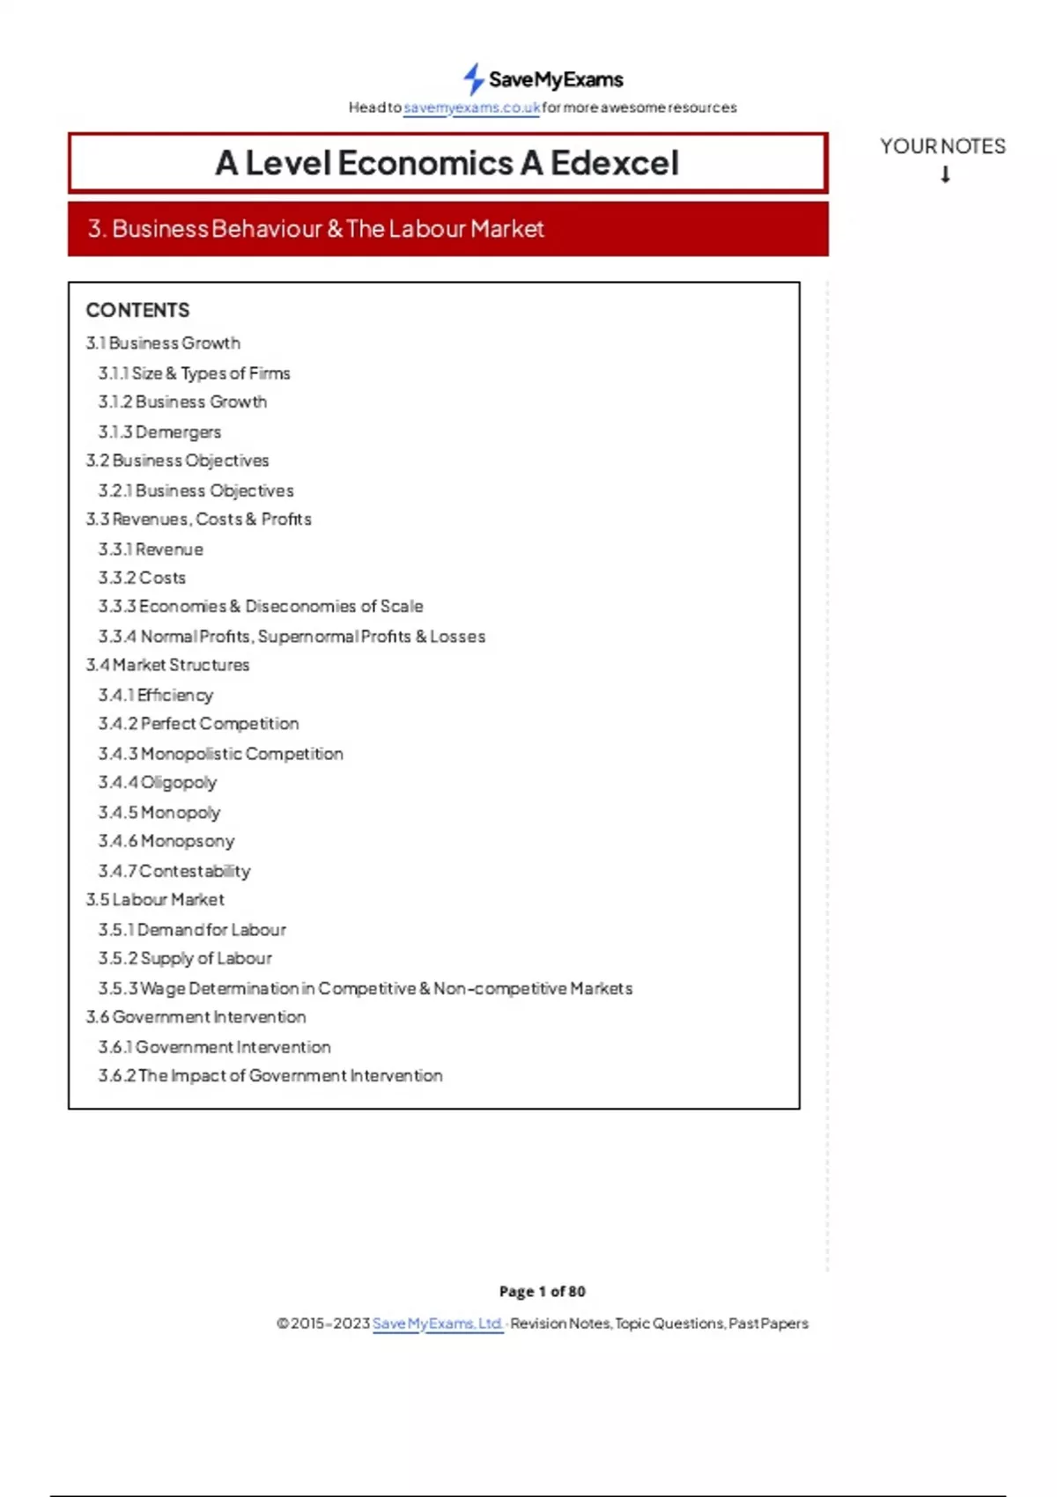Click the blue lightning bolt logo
pyautogui.click(x=474, y=78)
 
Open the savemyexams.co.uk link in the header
pyautogui.click(x=471, y=107)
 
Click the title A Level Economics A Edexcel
pyautogui.click(x=447, y=163)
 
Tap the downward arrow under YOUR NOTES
pyautogui.click(x=945, y=174)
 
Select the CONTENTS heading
pyautogui.click(x=137, y=310)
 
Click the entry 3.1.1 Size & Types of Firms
pyautogui.click(x=194, y=373)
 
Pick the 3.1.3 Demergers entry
pyautogui.click(x=159, y=432)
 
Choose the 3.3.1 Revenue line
pyautogui.click(x=151, y=549)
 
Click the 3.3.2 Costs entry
pyautogui.click(x=142, y=578)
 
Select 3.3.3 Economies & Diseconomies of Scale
pyautogui.click(x=261, y=607)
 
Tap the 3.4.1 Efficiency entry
pyautogui.click(x=156, y=695)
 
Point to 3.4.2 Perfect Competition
pyautogui.click(x=198, y=724)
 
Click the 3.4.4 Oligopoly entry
pyautogui.click(x=158, y=782)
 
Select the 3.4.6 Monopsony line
pyautogui.click(x=166, y=841)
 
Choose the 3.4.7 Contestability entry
pyautogui.click(x=174, y=871)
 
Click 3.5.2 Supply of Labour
pyautogui.click(x=185, y=958)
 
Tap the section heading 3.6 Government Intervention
pyautogui.click(x=196, y=1017)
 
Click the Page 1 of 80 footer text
pyautogui.click(x=542, y=1291)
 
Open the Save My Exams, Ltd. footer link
pyautogui.click(x=438, y=1324)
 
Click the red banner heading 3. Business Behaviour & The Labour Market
pyautogui.click(x=315, y=229)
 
